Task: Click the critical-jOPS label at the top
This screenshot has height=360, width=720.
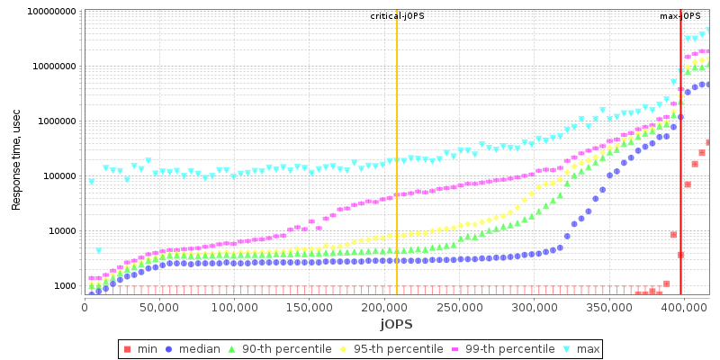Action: (396, 16)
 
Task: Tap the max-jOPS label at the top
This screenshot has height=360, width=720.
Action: (680, 16)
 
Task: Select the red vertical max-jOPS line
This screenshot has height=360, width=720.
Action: (680, 180)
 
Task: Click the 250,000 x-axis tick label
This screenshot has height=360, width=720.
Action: (459, 307)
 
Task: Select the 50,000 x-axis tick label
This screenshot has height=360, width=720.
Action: (159, 307)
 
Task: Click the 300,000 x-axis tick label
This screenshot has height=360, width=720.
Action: (534, 307)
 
